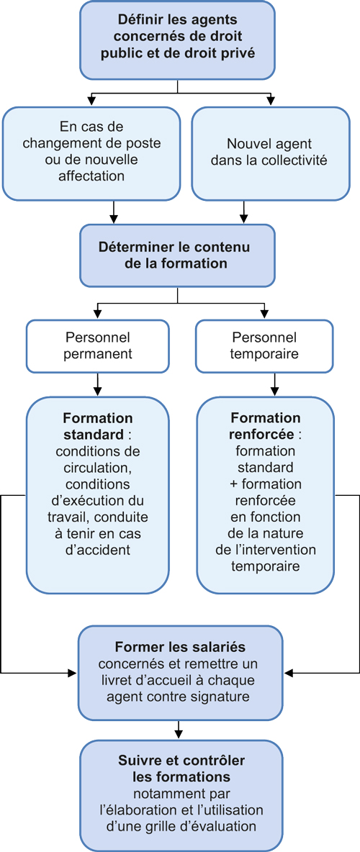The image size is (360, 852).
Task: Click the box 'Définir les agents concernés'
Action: pyautogui.click(x=177, y=39)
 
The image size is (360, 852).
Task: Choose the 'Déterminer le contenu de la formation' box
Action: pyautogui.click(x=177, y=255)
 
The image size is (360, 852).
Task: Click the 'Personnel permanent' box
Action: pyautogui.click(x=98, y=345)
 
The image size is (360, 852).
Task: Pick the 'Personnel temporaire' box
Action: pyautogui.click(x=264, y=345)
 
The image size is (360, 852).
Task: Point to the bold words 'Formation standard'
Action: pyautogui.click(x=98, y=427)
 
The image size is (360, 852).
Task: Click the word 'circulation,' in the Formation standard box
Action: pyautogui.click(x=98, y=469)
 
